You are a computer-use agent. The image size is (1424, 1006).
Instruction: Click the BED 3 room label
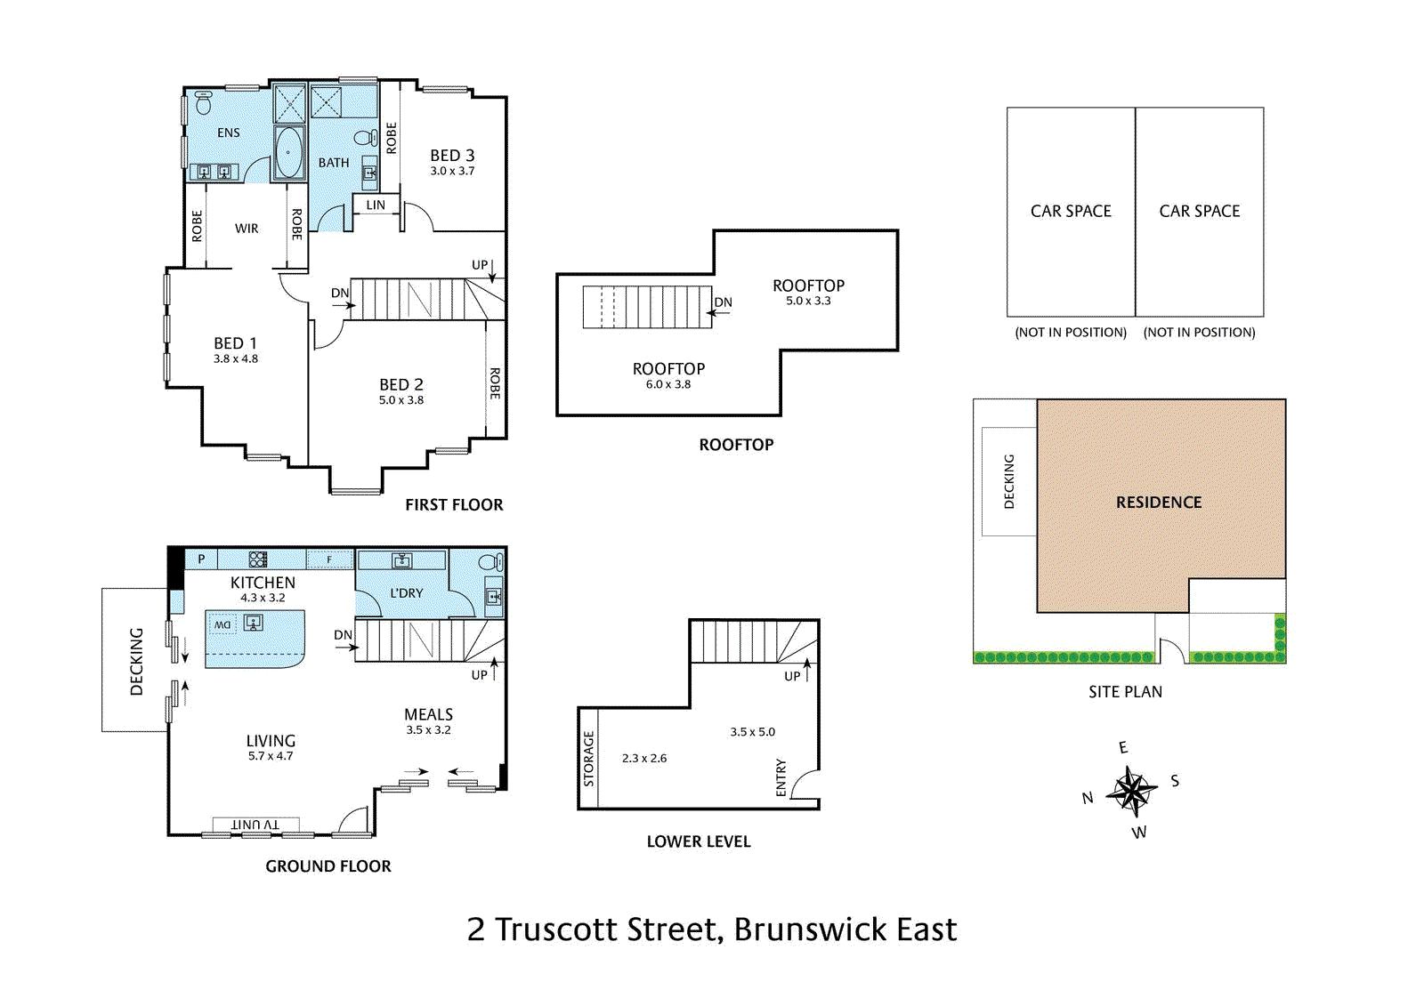[x=452, y=156]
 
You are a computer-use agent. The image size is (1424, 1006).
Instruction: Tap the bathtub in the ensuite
[x=288, y=153]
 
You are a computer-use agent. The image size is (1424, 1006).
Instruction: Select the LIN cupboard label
[x=376, y=205]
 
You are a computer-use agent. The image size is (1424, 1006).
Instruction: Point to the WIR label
[x=247, y=229]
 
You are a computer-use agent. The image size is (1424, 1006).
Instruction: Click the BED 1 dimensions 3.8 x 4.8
[x=235, y=359]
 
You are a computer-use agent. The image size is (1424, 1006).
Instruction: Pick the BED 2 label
[x=400, y=384]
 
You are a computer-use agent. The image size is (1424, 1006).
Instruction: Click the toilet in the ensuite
[x=203, y=104]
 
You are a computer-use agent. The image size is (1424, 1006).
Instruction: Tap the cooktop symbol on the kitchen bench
[x=258, y=559]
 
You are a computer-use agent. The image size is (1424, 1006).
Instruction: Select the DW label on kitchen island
[x=222, y=624]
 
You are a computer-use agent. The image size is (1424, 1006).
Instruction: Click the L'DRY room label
[x=407, y=593]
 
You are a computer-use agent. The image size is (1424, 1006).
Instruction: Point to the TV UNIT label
[x=255, y=825]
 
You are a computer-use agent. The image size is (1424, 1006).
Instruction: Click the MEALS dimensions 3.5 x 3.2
[x=428, y=730]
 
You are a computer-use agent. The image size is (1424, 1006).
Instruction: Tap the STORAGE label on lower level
[x=588, y=759]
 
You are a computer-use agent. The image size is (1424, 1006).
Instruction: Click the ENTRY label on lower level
[x=781, y=777]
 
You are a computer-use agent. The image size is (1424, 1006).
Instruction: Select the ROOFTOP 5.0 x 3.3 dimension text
[x=808, y=302]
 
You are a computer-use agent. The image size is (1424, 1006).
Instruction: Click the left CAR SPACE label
[x=1071, y=212]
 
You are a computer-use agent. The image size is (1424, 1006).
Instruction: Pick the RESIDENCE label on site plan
[x=1159, y=503]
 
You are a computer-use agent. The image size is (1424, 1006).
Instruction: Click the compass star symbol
[x=1131, y=790]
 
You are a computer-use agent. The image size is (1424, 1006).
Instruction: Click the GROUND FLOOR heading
[x=328, y=866]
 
